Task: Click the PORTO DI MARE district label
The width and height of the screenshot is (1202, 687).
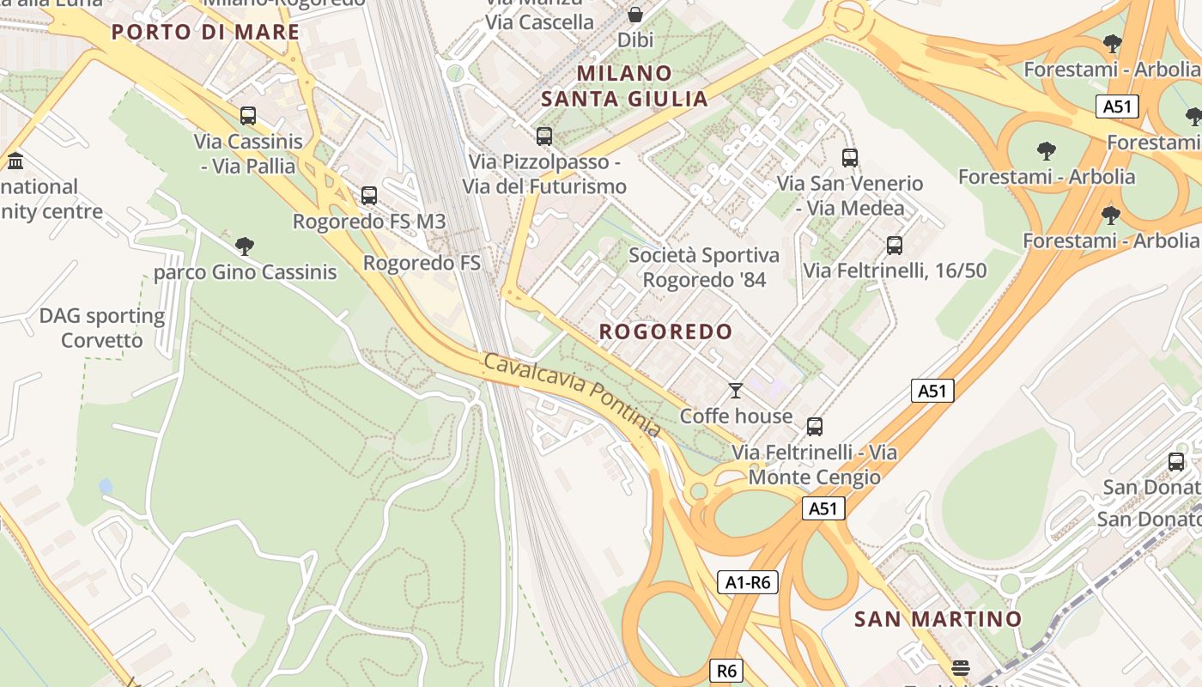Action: (x=205, y=33)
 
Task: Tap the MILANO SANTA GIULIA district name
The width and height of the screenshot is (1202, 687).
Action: (x=624, y=86)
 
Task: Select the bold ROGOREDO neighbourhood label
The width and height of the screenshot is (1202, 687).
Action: (x=665, y=331)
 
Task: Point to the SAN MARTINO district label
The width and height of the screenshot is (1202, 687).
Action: (x=938, y=619)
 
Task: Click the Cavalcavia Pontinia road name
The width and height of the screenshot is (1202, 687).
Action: (x=572, y=394)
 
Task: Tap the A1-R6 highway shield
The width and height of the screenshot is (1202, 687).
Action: (x=747, y=583)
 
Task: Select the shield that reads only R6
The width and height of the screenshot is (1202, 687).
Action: (x=726, y=670)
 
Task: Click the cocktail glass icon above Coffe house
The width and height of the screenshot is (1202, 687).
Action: (x=735, y=391)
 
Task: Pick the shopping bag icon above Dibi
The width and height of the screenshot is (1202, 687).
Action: (x=634, y=15)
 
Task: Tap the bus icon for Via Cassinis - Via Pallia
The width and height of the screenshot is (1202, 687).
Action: (x=248, y=115)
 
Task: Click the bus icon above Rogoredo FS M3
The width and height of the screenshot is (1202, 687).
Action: (x=369, y=195)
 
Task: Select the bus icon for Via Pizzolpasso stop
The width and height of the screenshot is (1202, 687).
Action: (x=543, y=136)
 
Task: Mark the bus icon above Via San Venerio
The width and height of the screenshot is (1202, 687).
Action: (x=850, y=157)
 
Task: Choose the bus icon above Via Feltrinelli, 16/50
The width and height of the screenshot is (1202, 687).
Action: (x=895, y=246)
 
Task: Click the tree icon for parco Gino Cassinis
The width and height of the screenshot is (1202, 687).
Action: (x=245, y=246)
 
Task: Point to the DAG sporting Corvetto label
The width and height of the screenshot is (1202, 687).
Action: (x=102, y=328)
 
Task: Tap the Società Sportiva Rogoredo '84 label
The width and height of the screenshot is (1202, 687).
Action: (x=704, y=267)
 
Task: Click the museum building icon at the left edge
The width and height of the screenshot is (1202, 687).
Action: (x=15, y=161)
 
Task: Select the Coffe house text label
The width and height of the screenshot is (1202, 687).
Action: (x=736, y=416)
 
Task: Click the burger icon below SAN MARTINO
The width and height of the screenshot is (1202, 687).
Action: (x=961, y=668)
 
